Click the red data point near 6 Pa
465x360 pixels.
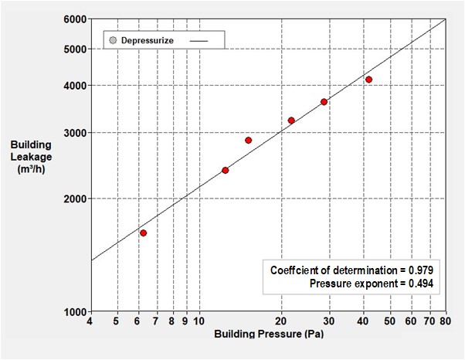click(x=143, y=233)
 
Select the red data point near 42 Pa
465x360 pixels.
click(x=368, y=80)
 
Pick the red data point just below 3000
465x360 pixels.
click(x=248, y=140)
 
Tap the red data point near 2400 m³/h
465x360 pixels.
click(x=225, y=170)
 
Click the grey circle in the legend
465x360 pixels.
click(x=113, y=39)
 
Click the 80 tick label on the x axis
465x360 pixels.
click(x=445, y=322)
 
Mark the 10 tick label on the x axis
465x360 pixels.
click(x=199, y=322)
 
